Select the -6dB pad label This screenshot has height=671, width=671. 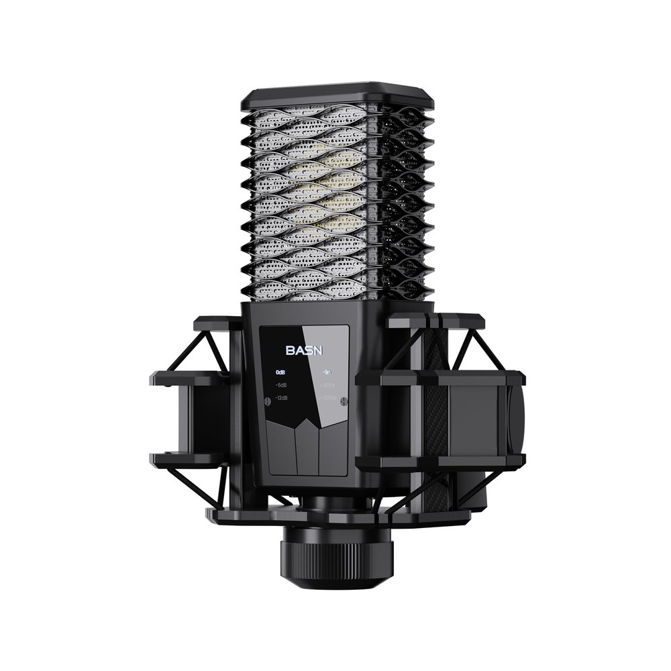point(280,384)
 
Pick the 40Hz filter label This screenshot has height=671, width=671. point(328,384)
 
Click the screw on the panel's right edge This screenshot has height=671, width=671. point(344,401)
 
